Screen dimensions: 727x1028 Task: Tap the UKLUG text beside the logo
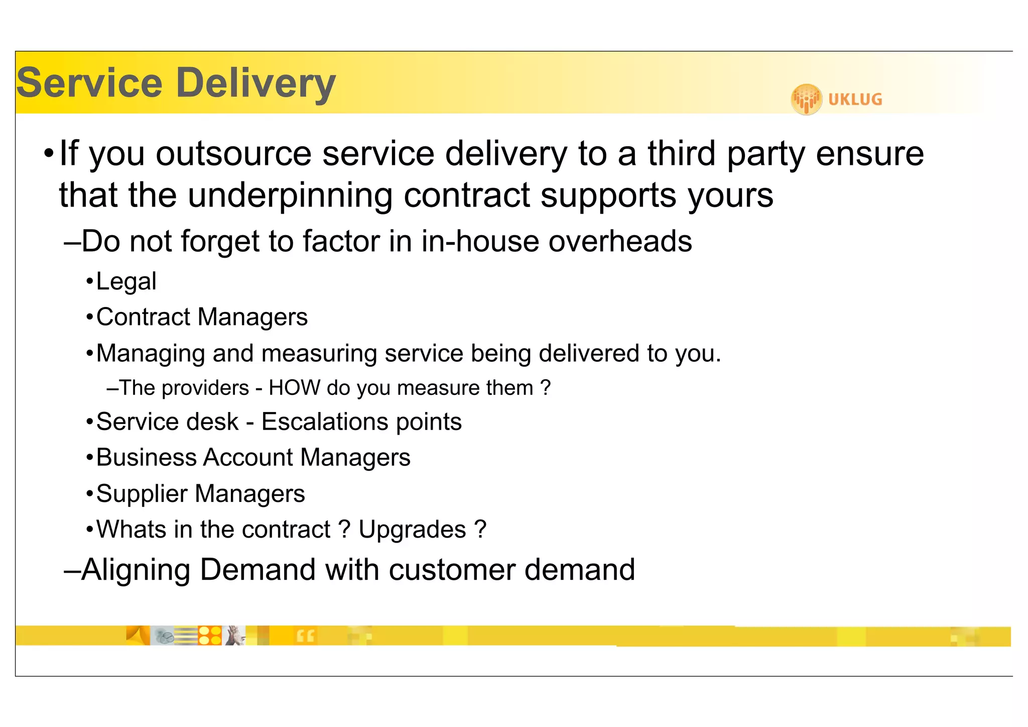[x=855, y=99]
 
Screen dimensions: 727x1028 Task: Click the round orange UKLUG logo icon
[x=806, y=99]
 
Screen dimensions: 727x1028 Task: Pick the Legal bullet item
[x=126, y=281]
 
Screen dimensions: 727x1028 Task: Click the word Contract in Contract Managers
[x=143, y=317]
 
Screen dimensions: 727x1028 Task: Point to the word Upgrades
[x=412, y=530]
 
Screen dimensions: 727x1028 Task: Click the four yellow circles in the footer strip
[x=210, y=635]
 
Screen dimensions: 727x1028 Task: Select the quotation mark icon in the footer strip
[x=305, y=636]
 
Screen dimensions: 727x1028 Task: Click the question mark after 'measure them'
[x=545, y=388]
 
